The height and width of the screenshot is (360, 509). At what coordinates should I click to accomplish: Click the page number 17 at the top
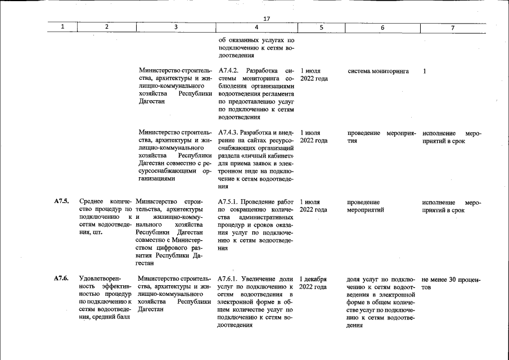(x=267, y=19)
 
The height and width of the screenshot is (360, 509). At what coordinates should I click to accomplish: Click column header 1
(x=62, y=27)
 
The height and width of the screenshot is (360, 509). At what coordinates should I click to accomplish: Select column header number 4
(x=256, y=27)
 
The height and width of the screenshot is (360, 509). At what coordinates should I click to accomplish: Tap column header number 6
(x=382, y=27)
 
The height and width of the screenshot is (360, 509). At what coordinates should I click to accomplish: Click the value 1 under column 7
(x=425, y=71)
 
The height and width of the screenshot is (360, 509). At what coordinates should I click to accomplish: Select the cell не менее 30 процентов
(x=451, y=283)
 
